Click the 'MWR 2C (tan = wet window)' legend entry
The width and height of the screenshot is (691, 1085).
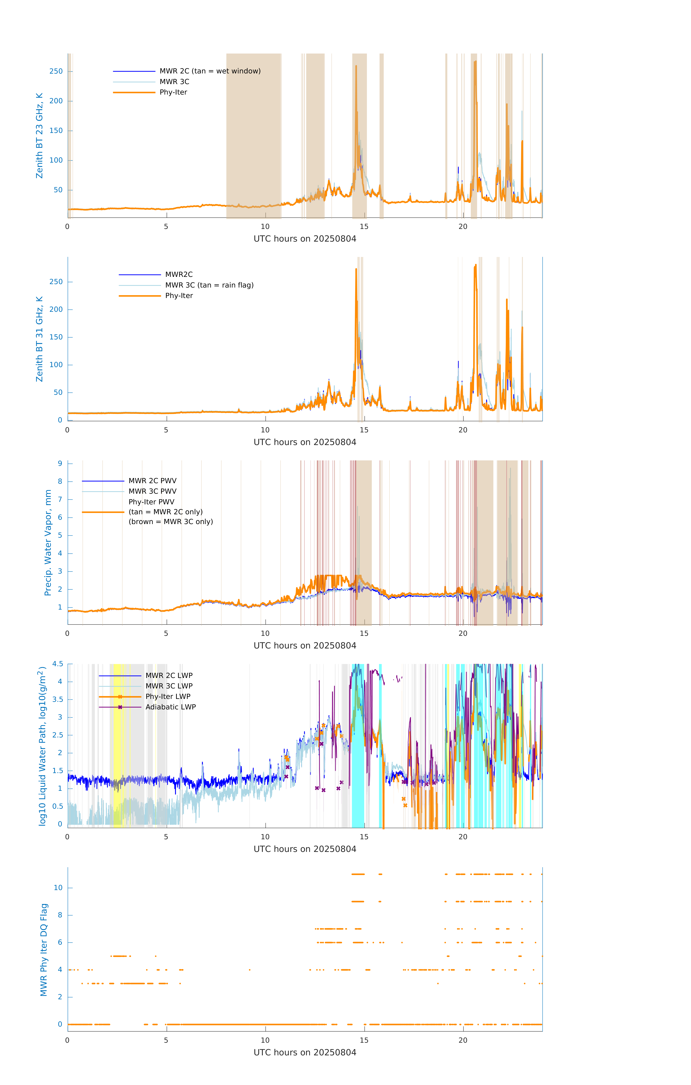tap(210, 71)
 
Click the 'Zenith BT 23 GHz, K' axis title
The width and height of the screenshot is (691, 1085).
tap(40, 136)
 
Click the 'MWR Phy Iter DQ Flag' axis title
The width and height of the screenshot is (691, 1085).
tap(44, 950)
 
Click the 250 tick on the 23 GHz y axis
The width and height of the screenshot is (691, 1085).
tap(56, 71)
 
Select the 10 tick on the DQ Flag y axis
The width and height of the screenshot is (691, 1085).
tap(58, 888)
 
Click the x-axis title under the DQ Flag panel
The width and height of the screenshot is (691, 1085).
tap(305, 1053)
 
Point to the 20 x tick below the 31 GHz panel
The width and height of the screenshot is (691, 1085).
tap(463, 430)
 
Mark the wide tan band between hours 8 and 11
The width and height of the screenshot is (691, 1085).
tap(253, 135)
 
